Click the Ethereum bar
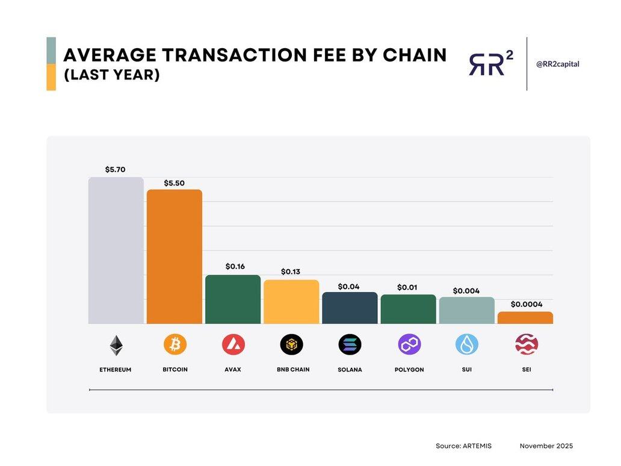[x=116, y=250]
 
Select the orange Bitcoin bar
[x=175, y=257]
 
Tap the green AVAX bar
[x=233, y=299]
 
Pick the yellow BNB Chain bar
[x=291, y=302]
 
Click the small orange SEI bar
[x=525, y=317]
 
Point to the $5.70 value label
[x=115, y=170]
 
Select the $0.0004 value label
[x=527, y=304]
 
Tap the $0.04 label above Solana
[x=348, y=287]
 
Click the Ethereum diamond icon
[x=116, y=346]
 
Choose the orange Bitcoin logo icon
[x=175, y=345]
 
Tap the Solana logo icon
[x=350, y=345]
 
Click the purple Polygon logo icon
[x=409, y=345]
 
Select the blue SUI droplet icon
[x=467, y=345]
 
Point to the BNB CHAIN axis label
[x=293, y=369]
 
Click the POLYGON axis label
[x=409, y=369]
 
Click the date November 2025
[x=546, y=446]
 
